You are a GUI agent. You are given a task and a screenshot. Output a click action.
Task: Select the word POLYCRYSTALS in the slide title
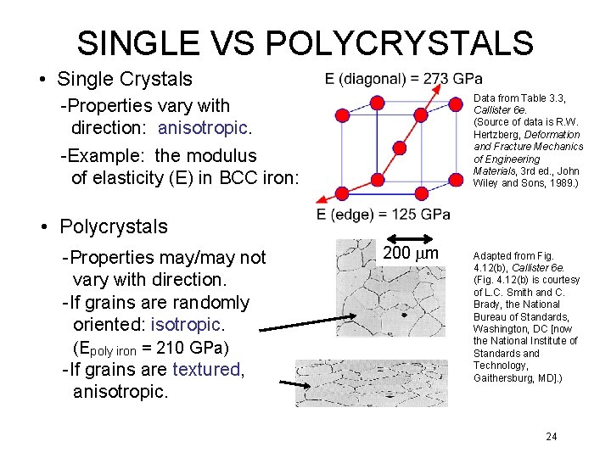tap(406, 42)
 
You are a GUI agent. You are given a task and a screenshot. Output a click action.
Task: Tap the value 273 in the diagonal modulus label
tap(435, 79)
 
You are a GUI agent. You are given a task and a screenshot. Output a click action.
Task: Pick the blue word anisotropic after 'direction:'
tap(205, 128)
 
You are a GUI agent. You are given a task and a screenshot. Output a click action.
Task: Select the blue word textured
tap(207, 370)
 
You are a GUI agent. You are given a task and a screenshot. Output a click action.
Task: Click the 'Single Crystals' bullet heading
tap(125, 80)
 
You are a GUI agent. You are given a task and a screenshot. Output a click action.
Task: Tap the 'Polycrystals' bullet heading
tap(114, 226)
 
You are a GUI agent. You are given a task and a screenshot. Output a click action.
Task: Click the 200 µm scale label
tap(410, 254)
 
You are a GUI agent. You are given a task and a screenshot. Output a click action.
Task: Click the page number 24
tap(552, 436)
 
